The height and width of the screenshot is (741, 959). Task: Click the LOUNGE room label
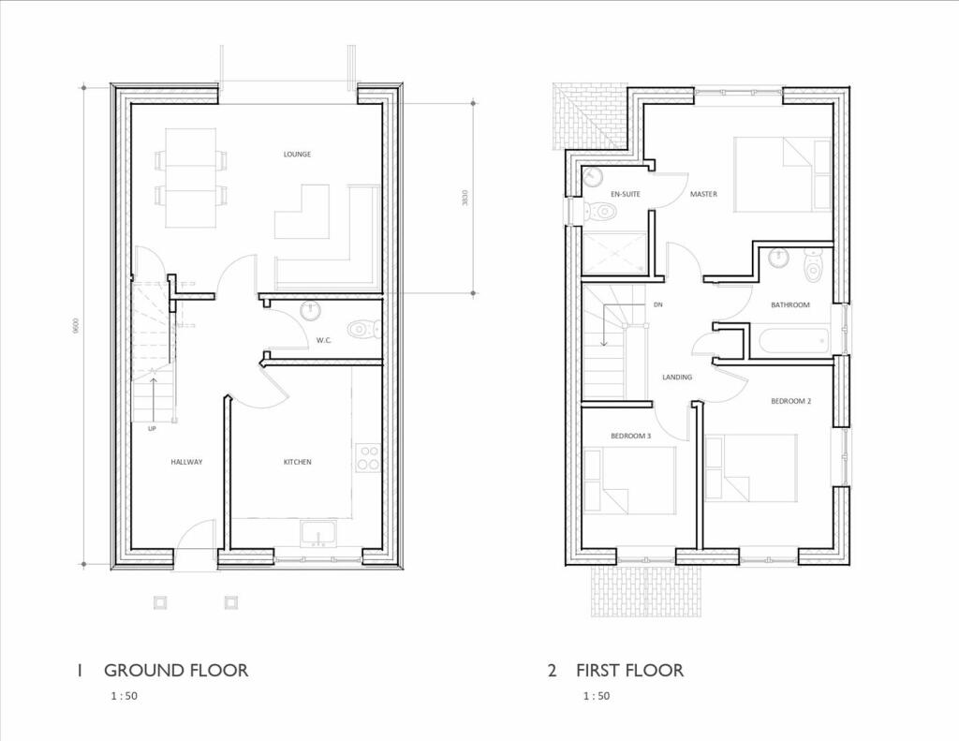tap(298, 155)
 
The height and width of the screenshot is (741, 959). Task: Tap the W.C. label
tap(325, 340)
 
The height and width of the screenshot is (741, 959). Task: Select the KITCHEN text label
tap(298, 462)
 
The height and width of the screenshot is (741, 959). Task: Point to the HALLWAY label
tap(186, 462)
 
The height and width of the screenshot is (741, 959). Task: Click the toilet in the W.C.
tap(362, 329)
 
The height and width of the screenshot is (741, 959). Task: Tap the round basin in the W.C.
tap(310, 311)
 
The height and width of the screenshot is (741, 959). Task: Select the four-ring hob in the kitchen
tap(369, 458)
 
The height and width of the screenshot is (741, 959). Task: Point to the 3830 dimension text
tap(465, 198)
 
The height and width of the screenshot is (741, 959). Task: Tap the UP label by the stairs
tap(152, 428)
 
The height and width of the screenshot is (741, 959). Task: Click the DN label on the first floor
tap(658, 305)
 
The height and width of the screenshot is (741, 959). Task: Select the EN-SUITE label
tap(626, 194)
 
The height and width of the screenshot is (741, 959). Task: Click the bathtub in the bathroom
tap(792, 339)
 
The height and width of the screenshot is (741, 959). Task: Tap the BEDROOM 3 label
tap(631, 436)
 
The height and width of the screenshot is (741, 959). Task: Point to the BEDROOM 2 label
tap(790, 401)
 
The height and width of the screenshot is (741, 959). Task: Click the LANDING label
tap(677, 378)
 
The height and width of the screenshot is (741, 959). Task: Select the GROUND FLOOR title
tap(176, 670)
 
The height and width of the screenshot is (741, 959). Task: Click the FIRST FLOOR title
tap(629, 670)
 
